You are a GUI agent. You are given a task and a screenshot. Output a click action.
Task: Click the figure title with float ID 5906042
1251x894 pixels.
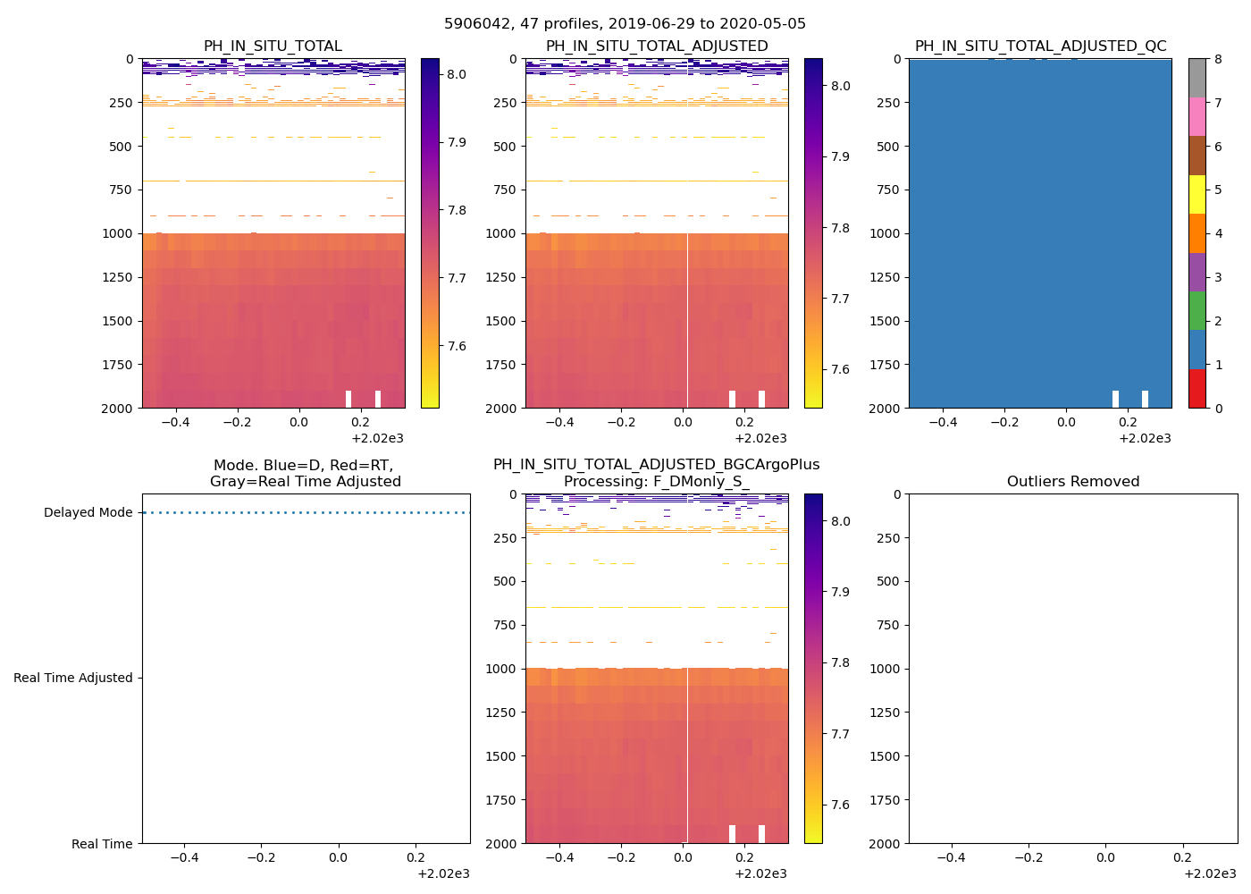click(x=625, y=24)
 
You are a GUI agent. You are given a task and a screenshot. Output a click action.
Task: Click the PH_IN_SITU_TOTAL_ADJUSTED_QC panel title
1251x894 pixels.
click(x=1040, y=46)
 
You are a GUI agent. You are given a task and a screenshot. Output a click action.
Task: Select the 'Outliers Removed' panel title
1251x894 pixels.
click(x=1072, y=482)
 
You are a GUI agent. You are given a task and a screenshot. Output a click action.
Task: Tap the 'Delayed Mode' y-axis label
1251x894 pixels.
click(x=88, y=513)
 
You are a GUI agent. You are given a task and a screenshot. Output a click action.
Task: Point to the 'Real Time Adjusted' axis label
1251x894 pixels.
click(x=72, y=679)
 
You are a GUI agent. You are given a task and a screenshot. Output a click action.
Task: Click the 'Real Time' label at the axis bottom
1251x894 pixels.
click(x=102, y=844)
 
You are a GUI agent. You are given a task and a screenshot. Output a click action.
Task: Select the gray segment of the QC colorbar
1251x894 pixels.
click(x=1197, y=78)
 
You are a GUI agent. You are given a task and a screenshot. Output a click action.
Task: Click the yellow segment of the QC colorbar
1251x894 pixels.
click(x=1197, y=194)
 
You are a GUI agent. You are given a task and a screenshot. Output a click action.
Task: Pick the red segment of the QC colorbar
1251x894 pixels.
click(x=1197, y=388)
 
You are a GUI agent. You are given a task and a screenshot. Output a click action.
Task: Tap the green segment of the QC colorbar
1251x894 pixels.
click(x=1197, y=310)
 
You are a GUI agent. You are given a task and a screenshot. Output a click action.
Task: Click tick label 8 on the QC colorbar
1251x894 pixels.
click(x=1217, y=60)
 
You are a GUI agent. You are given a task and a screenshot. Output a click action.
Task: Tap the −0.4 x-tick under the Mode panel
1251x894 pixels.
click(x=184, y=858)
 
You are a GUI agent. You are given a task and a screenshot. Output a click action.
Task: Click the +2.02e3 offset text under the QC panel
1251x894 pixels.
click(x=1145, y=439)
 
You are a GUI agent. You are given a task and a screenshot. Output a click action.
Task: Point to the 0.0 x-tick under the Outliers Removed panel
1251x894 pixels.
click(x=1105, y=858)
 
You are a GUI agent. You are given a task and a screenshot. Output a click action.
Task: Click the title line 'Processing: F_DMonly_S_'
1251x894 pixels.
click(x=656, y=482)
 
